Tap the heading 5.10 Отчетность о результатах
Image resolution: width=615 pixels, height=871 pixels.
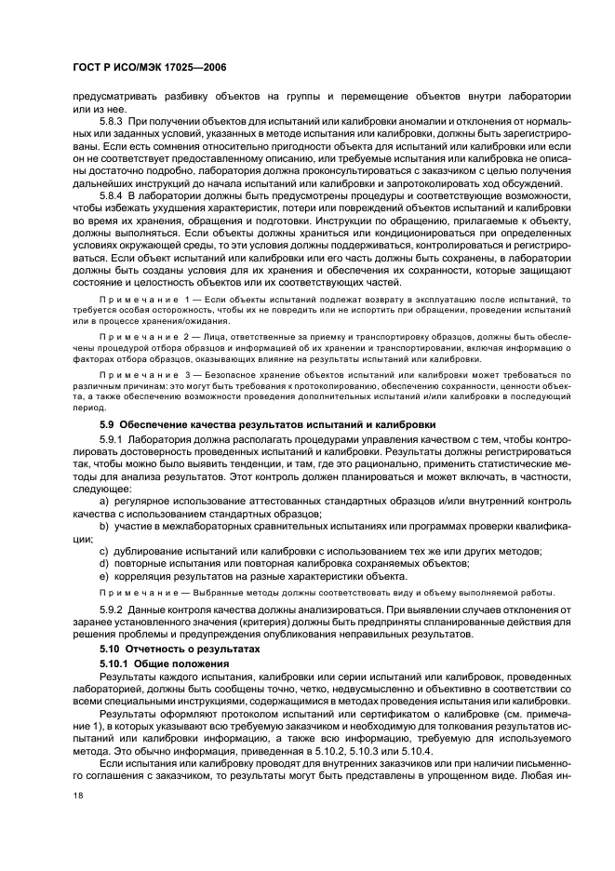click(180, 646)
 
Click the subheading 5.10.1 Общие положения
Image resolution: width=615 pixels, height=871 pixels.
click(164, 662)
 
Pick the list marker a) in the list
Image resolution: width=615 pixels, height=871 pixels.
click(104, 501)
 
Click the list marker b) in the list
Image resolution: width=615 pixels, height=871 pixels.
click(104, 525)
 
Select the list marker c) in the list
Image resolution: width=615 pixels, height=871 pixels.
click(104, 550)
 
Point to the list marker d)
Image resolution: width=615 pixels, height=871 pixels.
click(104, 562)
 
